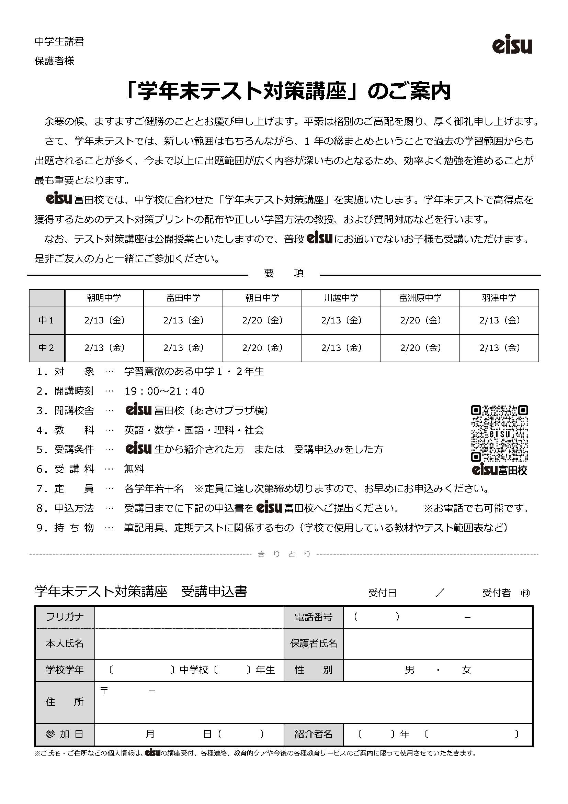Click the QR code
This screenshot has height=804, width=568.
tap(499, 433)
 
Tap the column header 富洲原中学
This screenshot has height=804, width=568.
tap(420, 298)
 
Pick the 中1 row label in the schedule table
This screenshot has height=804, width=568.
tap(46, 320)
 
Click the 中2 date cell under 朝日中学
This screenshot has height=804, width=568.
tap(262, 348)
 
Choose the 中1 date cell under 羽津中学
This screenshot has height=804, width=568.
tap(499, 320)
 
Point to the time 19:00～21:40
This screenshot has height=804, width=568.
tap(164, 391)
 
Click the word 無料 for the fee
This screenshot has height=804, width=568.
tap(134, 469)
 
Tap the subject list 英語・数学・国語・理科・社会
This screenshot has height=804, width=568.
tap(194, 430)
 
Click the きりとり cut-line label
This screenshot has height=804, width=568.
tap(284, 554)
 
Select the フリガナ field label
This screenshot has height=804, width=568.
tap(65, 617)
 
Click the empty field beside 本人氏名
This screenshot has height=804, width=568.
tap(189, 643)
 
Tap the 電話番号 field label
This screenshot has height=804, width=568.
tap(314, 617)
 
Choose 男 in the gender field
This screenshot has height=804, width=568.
tap(410, 670)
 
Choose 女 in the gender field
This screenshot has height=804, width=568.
tap(467, 670)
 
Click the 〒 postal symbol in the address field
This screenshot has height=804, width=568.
tap(104, 691)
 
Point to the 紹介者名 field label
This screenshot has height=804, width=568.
tap(314, 734)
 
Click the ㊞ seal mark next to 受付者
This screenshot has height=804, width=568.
tap(525, 593)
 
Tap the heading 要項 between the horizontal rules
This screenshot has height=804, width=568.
tap(284, 273)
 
